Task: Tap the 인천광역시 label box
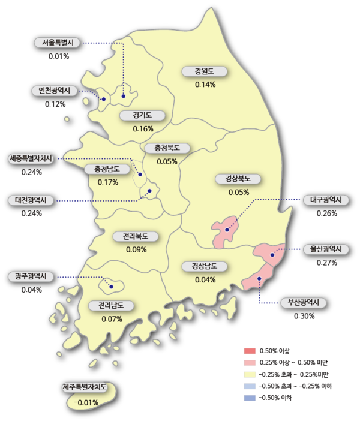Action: [x=55, y=91]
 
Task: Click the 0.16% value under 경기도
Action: [x=143, y=128]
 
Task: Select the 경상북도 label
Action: [x=238, y=179]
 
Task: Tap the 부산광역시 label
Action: [x=304, y=303]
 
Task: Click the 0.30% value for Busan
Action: [x=304, y=316]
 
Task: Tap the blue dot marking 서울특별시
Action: [x=123, y=96]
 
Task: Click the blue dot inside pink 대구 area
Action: [x=227, y=230]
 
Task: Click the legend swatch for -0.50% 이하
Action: [x=250, y=398]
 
